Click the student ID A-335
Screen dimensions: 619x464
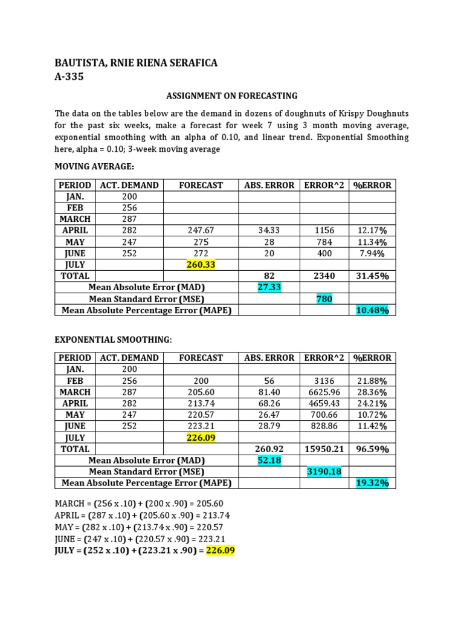point(69,77)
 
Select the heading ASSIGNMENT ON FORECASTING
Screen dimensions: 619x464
point(232,96)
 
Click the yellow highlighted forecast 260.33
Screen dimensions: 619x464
point(201,265)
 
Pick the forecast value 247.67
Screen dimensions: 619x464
point(201,230)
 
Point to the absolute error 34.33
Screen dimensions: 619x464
point(269,230)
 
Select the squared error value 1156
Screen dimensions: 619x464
point(324,230)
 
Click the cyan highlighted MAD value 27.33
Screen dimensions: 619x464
point(269,288)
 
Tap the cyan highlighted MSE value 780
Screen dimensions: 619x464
point(324,299)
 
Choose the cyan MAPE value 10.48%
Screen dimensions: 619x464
point(372,311)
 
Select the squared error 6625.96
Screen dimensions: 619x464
point(324,392)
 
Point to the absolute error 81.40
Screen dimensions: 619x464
point(269,392)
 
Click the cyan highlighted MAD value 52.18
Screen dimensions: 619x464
point(269,461)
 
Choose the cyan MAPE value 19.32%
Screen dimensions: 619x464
point(372,483)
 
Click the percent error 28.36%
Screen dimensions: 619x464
point(372,392)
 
